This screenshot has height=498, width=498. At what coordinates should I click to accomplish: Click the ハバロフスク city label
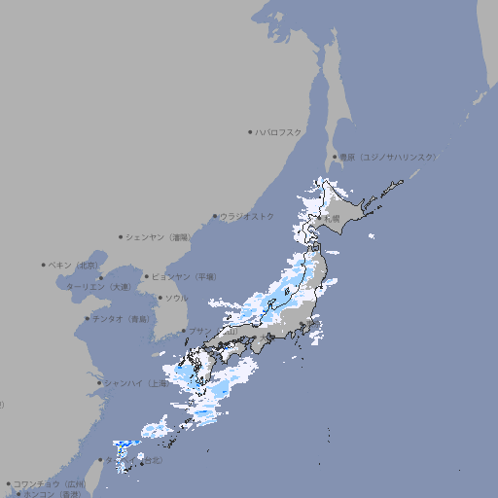pyautogui.click(x=279, y=131)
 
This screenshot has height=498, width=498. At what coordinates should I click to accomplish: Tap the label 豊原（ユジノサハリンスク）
pyautogui.click(x=388, y=157)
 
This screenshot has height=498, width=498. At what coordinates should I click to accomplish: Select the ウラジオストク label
pyautogui.click(x=247, y=216)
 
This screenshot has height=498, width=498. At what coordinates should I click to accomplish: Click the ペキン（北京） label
pyautogui.click(x=74, y=265)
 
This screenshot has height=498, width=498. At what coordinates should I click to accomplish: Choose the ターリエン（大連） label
pyautogui.click(x=98, y=287)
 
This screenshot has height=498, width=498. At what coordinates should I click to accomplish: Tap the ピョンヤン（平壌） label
pyautogui.click(x=185, y=276)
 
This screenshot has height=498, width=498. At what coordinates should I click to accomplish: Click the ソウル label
pyautogui.click(x=176, y=298)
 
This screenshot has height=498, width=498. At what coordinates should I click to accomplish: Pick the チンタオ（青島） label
pyautogui.click(x=122, y=318)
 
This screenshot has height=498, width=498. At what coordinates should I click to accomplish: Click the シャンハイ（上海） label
pyautogui.click(x=135, y=382)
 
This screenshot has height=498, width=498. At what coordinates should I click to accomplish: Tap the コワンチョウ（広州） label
pyautogui.click(x=49, y=483)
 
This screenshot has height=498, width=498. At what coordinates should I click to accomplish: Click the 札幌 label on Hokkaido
pyautogui.click(x=332, y=219)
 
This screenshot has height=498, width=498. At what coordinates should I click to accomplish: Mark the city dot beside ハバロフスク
pyautogui.click(x=250, y=131)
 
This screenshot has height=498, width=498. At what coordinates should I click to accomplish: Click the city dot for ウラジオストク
pyautogui.click(x=215, y=216)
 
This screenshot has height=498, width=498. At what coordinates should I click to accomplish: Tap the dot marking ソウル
pyautogui.click(x=160, y=298)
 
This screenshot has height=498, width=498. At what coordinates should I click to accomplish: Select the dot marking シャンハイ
pyautogui.click(x=99, y=382)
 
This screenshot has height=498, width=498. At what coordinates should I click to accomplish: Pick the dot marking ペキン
pyautogui.click(x=44, y=265)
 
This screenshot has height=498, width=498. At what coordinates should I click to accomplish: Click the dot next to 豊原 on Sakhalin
pyautogui.click(x=335, y=157)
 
